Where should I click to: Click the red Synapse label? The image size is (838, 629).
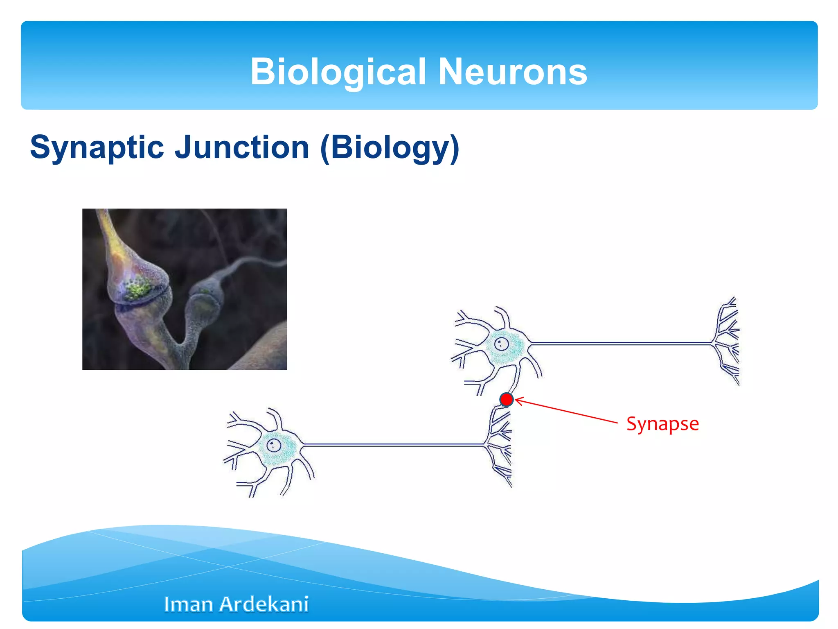pyautogui.click(x=662, y=423)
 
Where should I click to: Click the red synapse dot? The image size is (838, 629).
pyautogui.click(x=507, y=399)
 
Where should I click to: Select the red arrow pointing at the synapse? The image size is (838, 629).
pyautogui.click(x=567, y=410)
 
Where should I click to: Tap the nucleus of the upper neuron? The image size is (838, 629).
pyautogui.click(x=501, y=344)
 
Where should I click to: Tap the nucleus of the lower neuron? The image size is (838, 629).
pyautogui.click(x=273, y=445)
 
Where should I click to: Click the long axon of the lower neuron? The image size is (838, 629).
pyautogui.click(x=393, y=444)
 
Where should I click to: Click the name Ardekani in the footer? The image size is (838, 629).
pyautogui.click(x=264, y=604)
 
